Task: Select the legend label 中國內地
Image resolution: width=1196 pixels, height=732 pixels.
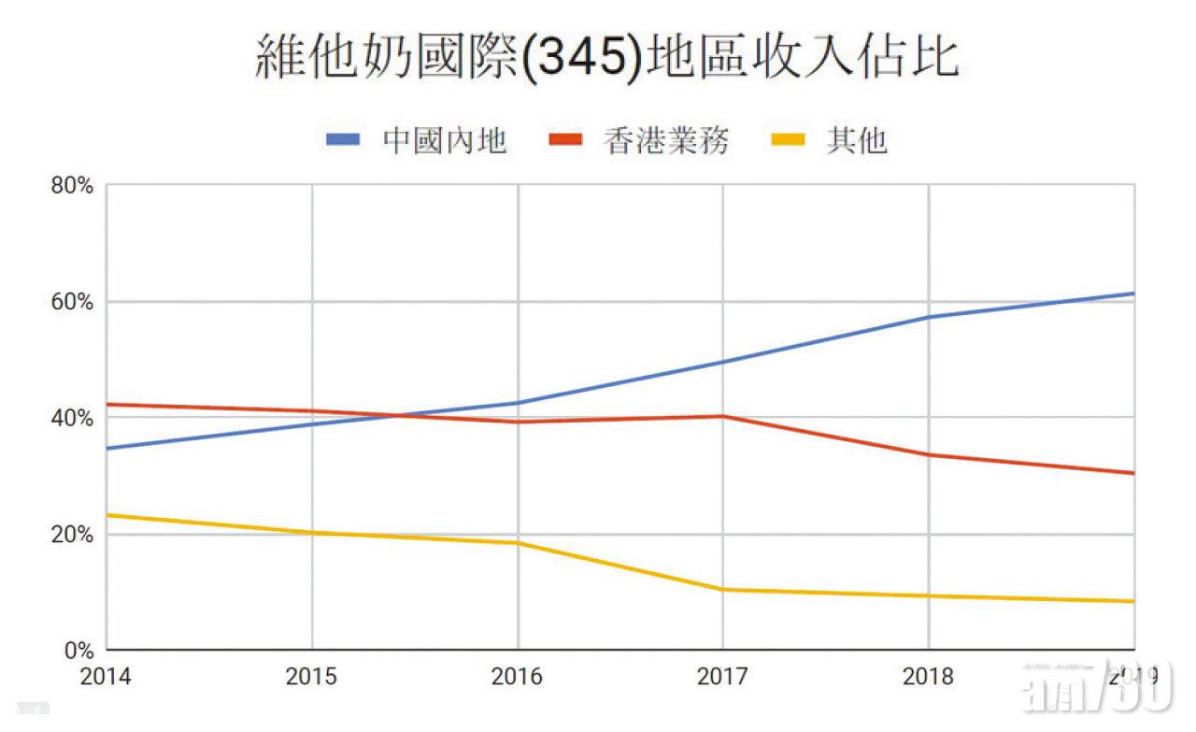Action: (445, 141)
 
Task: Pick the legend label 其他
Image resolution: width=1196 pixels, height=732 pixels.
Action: (855, 141)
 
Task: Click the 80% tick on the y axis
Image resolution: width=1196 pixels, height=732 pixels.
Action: (72, 185)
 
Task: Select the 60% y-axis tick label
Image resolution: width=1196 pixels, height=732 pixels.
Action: (72, 302)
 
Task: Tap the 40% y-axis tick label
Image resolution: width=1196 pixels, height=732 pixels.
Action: (72, 418)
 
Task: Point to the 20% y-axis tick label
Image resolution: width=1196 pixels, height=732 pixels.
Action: (72, 535)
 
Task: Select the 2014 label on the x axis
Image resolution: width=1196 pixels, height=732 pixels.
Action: (106, 676)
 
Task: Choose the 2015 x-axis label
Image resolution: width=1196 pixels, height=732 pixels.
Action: (311, 676)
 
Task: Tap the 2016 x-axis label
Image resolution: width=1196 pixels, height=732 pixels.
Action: (517, 676)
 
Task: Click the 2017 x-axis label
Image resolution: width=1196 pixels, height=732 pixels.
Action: (722, 676)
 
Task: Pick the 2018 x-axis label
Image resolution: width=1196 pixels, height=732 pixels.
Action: (928, 676)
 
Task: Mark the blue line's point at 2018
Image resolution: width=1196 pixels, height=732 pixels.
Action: (928, 317)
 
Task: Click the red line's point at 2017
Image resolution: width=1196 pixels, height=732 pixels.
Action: (722, 416)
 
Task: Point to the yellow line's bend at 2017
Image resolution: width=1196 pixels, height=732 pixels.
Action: (722, 589)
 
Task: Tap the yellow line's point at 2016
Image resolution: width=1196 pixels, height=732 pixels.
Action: (517, 543)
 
